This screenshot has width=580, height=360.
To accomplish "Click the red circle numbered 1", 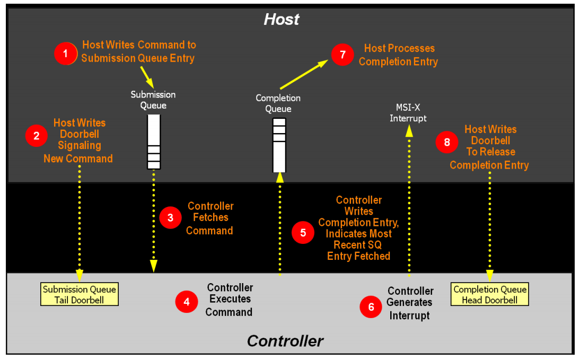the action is tap(65, 54).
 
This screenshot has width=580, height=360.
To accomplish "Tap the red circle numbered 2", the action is tap(36, 136).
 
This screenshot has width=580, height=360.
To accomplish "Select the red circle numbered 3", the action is tap(170, 217).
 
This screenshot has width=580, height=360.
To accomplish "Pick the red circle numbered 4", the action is tap(187, 302).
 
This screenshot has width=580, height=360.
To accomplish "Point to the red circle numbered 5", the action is tap(303, 233).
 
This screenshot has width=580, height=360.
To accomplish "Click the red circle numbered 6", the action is tap(371, 307).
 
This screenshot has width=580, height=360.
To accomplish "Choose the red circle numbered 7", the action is tap(342, 55).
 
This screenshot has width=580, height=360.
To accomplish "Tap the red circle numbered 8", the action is tap(447, 142).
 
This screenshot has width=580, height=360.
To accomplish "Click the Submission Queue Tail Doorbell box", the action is tap(80, 294).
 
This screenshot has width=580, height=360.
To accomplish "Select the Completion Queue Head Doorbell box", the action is tap(490, 294).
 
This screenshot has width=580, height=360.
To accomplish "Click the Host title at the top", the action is tap(281, 19).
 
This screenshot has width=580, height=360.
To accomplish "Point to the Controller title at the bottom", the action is tap(285, 341).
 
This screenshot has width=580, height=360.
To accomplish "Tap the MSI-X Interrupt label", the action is tap(408, 113).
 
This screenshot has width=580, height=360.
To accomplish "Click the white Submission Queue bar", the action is tap(154, 142).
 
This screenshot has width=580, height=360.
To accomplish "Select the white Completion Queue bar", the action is tap(279, 145).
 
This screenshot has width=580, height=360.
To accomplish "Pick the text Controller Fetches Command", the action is tap(210, 218).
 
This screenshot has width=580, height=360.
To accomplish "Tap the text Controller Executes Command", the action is tap(230, 300).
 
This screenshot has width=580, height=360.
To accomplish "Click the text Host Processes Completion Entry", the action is tap(398, 55).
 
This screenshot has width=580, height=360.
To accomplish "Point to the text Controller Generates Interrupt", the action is tap(410, 303).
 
